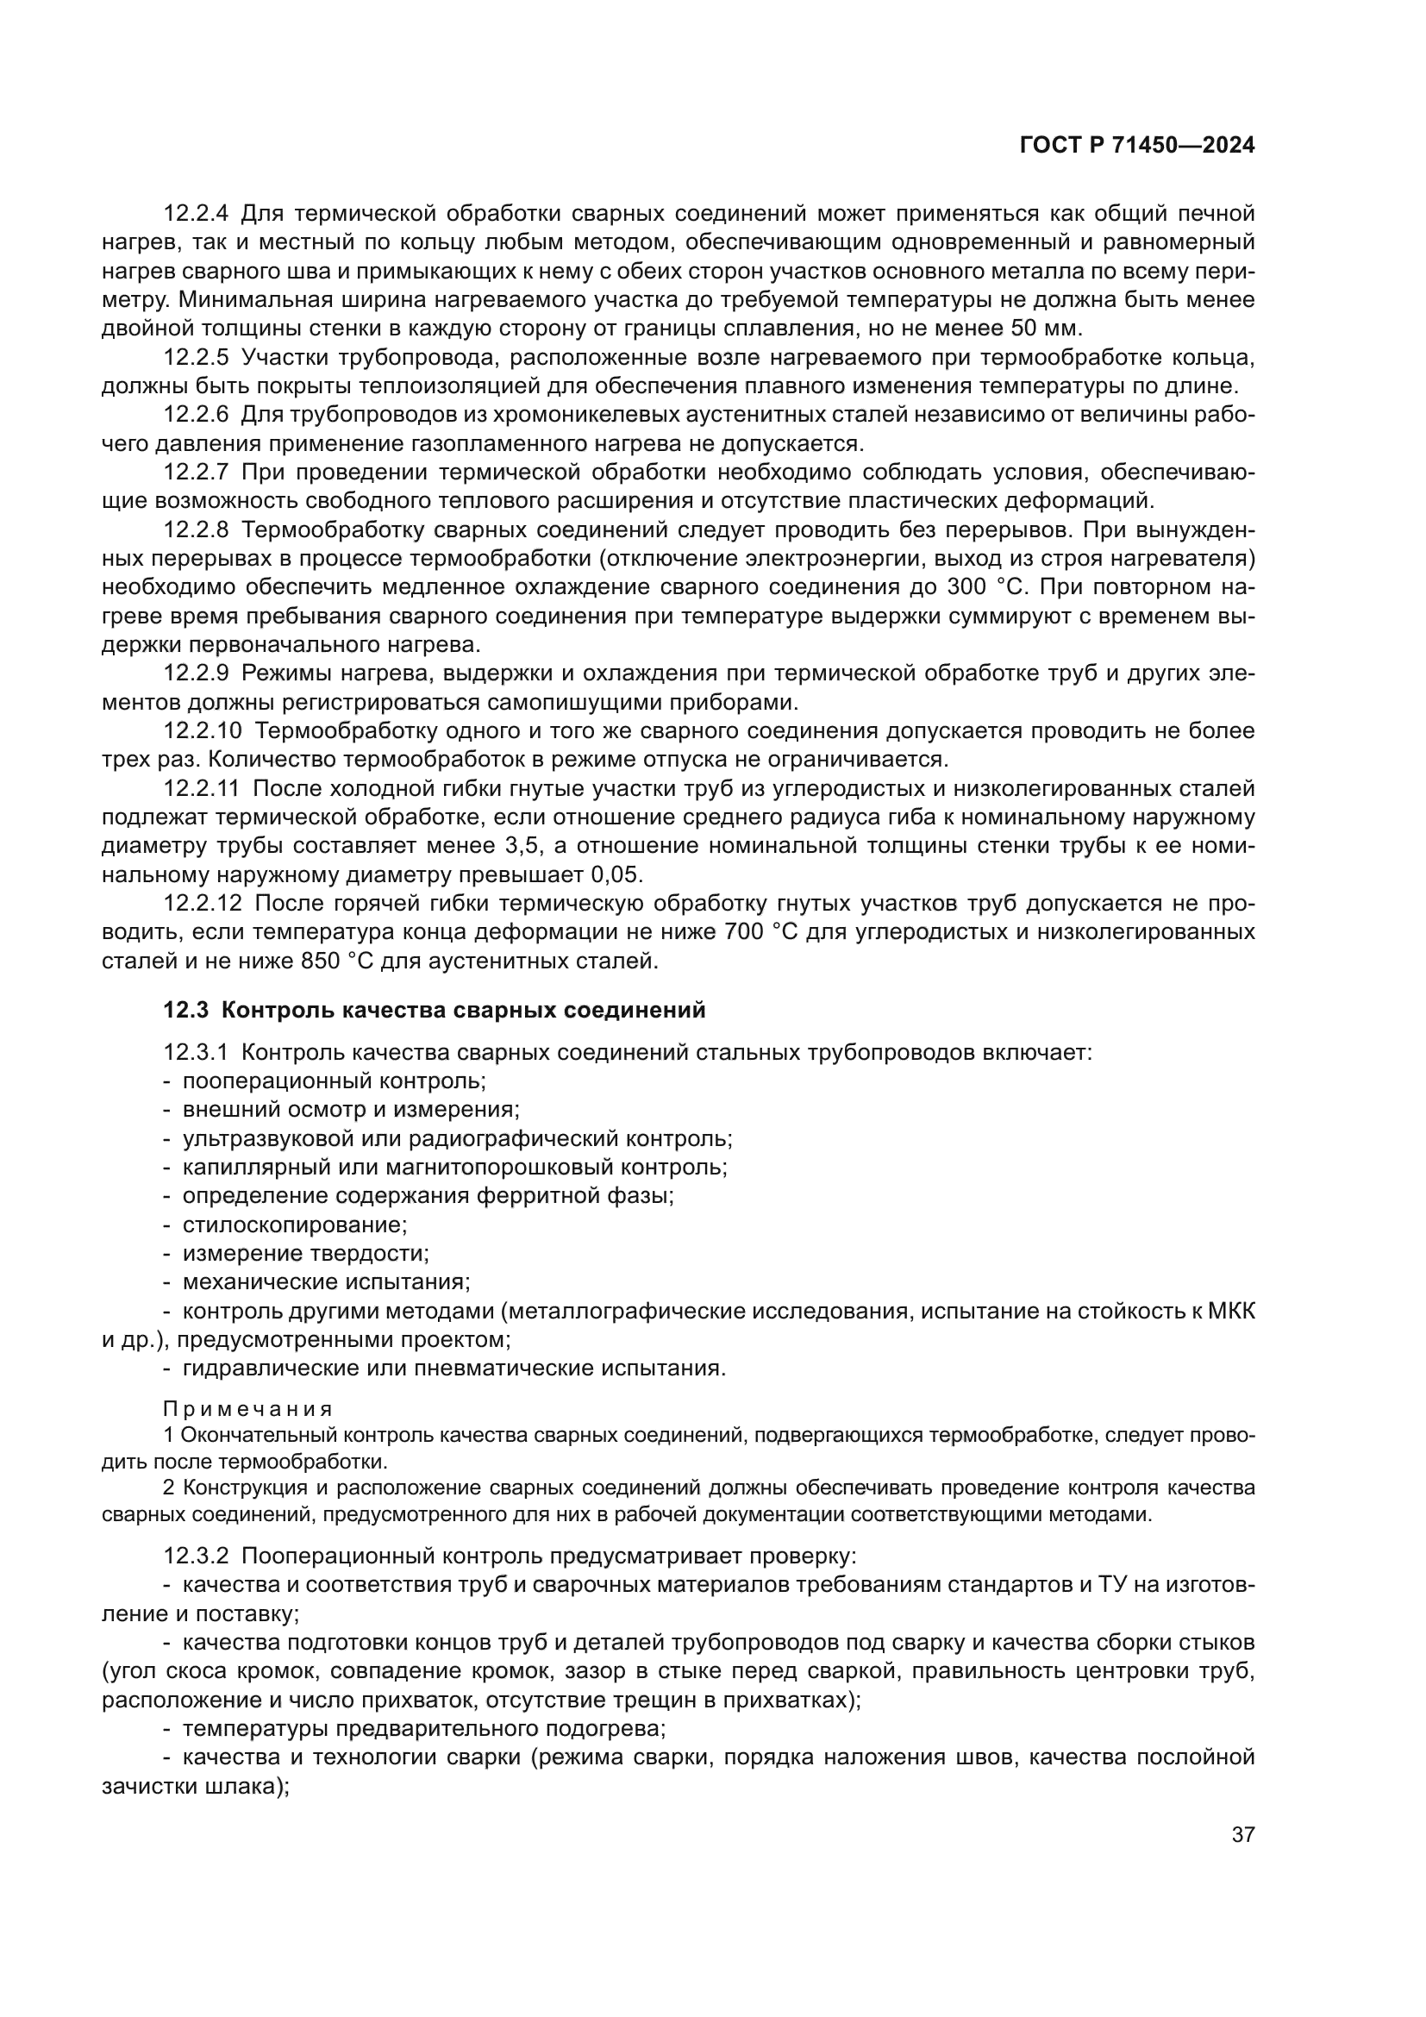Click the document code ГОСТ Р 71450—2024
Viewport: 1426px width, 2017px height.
click(x=1137, y=146)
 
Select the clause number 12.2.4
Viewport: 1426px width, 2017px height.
click(x=196, y=214)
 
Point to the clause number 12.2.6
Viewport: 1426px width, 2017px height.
click(x=196, y=415)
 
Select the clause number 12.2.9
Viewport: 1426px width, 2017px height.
click(x=196, y=673)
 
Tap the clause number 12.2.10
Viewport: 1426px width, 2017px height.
click(x=202, y=731)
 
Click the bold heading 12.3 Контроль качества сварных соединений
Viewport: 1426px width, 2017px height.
click(x=435, y=1011)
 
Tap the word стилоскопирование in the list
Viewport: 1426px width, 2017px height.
click(x=294, y=1224)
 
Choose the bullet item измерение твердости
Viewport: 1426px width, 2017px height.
click(x=304, y=1253)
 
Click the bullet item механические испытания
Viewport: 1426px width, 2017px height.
click(x=326, y=1281)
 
